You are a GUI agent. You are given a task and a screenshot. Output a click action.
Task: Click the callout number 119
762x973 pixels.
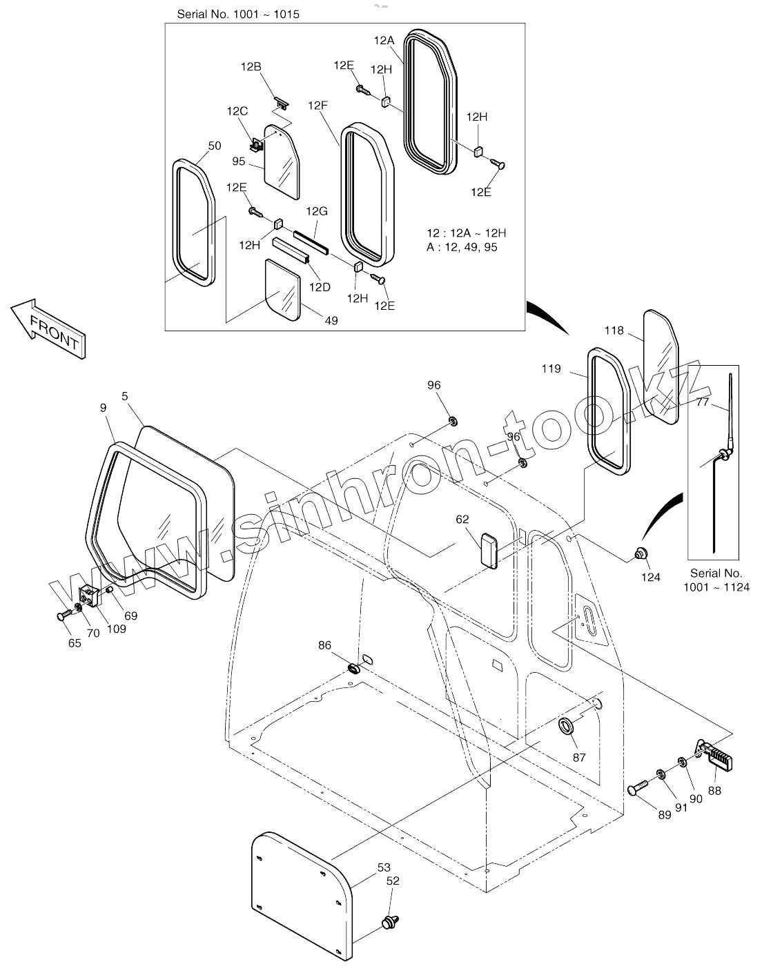click(551, 368)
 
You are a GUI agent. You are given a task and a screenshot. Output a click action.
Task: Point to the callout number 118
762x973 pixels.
click(614, 331)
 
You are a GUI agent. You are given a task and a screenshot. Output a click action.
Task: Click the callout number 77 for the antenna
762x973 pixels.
click(702, 402)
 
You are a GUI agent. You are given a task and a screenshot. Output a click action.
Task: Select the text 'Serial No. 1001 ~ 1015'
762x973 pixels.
click(238, 14)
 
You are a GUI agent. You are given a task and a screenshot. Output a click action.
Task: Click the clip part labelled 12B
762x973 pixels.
click(281, 102)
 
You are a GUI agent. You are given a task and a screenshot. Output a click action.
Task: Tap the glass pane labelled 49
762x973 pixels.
click(283, 288)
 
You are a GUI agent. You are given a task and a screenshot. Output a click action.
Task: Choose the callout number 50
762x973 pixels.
click(214, 146)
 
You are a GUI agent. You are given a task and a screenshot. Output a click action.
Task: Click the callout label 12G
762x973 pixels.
click(317, 210)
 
